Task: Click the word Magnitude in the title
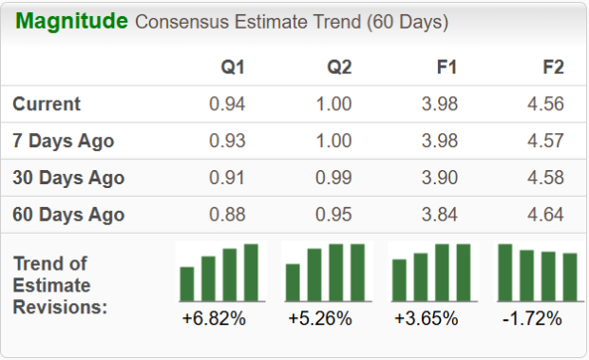pyautogui.click(x=72, y=21)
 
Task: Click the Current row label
pyautogui.click(x=47, y=104)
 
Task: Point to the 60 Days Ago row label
pyautogui.click(x=68, y=215)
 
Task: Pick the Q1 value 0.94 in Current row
pyautogui.click(x=228, y=104)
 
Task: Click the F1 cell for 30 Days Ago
pyautogui.click(x=440, y=178)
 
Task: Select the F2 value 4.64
pyautogui.click(x=546, y=215)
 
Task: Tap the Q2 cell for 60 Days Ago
pyautogui.click(x=334, y=215)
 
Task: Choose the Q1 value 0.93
pyautogui.click(x=228, y=141)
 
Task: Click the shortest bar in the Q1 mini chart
pyautogui.click(x=187, y=283)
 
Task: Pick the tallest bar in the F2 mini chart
pyautogui.click(x=505, y=272)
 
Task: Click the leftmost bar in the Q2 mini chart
pyautogui.click(x=294, y=281)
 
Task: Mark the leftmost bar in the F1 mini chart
pyautogui.click(x=400, y=279)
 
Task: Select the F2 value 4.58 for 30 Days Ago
pyautogui.click(x=546, y=178)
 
